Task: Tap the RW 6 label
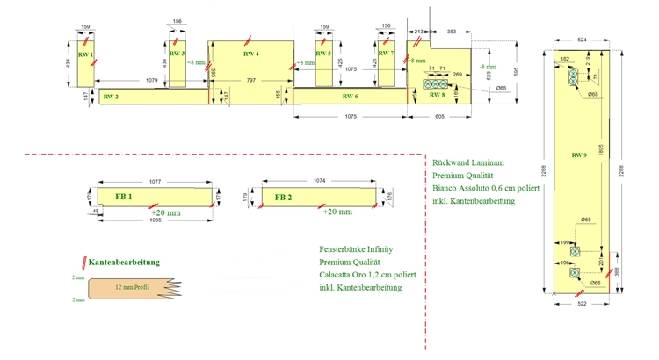[x=349, y=96]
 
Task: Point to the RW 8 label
[x=437, y=95]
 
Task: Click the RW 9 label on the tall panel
[x=578, y=155]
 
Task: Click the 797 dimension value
[x=251, y=81]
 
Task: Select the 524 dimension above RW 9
[x=582, y=40]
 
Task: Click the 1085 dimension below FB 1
[x=156, y=220]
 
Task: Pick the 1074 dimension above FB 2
[x=320, y=180]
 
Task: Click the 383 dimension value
[x=451, y=31]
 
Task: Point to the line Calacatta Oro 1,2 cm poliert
[x=367, y=276]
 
